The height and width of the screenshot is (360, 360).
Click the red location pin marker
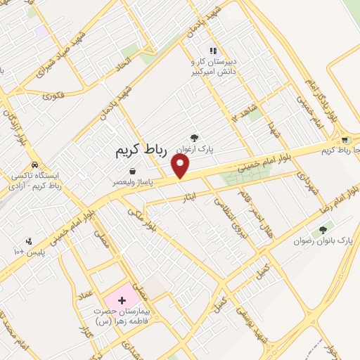coord(181,166)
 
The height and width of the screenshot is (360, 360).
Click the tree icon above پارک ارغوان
coord(195,139)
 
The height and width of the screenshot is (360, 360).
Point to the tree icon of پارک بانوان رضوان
coord(323,229)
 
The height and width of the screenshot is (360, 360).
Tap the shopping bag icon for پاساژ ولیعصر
coord(133,171)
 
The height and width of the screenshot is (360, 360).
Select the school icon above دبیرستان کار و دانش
coord(213,51)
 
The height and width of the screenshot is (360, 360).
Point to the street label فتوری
coord(53,94)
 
